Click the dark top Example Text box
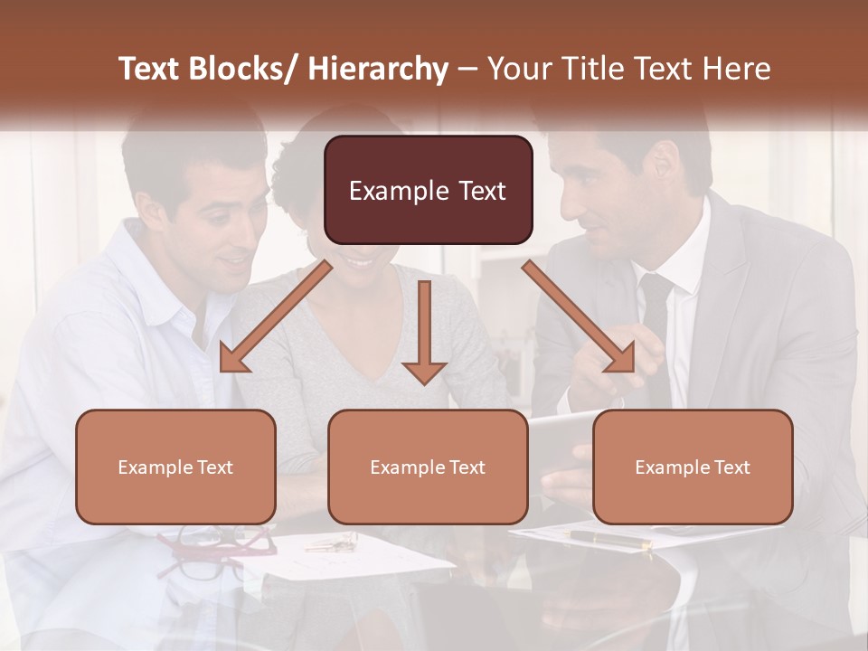pos(428,190)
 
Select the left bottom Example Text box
pos(175,467)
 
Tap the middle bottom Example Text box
pos(428,467)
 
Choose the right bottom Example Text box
pos(693,467)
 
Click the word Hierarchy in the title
pos(377,69)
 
